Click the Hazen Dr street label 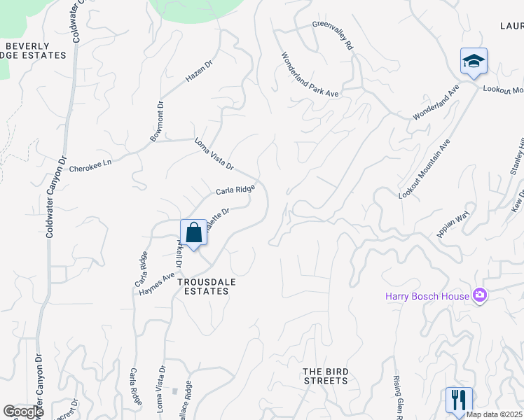tap(198, 71)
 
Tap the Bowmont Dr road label tap(156, 122)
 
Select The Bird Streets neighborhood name tap(325, 376)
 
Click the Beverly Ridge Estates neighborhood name tap(35, 50)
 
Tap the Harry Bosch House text tap(428, 295)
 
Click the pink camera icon tap(479, 295)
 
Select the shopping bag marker tap(193, 232)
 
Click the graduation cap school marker tap(474, 62)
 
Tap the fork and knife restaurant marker tap(459, 400)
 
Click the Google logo tap(23, 412)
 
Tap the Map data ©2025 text tap(495, 414)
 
